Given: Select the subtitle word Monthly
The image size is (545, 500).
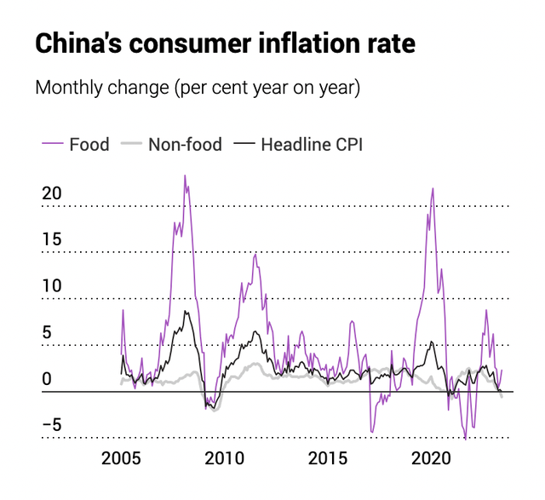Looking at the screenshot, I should click(x=70, y=88).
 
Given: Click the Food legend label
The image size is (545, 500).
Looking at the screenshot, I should click(x=89, y=144).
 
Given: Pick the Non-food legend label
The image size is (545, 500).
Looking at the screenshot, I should click(x=185, y=144).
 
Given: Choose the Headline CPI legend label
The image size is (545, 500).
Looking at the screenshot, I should click(x=312, y=144).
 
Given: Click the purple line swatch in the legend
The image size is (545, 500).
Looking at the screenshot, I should click(x=51, y=144).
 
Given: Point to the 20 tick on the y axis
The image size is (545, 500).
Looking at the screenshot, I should click(x=52, y=193).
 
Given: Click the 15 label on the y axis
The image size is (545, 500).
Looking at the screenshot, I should click(x=52, y=239).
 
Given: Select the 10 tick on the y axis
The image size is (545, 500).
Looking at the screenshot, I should click(x=52, y=286).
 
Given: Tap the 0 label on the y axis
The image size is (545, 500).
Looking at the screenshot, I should click(x=48, y=379).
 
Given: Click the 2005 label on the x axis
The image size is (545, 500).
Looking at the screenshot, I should click(x=122, y=459).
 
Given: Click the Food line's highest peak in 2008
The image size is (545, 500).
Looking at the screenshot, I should click(x=185, y=176).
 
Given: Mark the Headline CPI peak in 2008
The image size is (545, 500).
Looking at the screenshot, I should click(x=186, y=312).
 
